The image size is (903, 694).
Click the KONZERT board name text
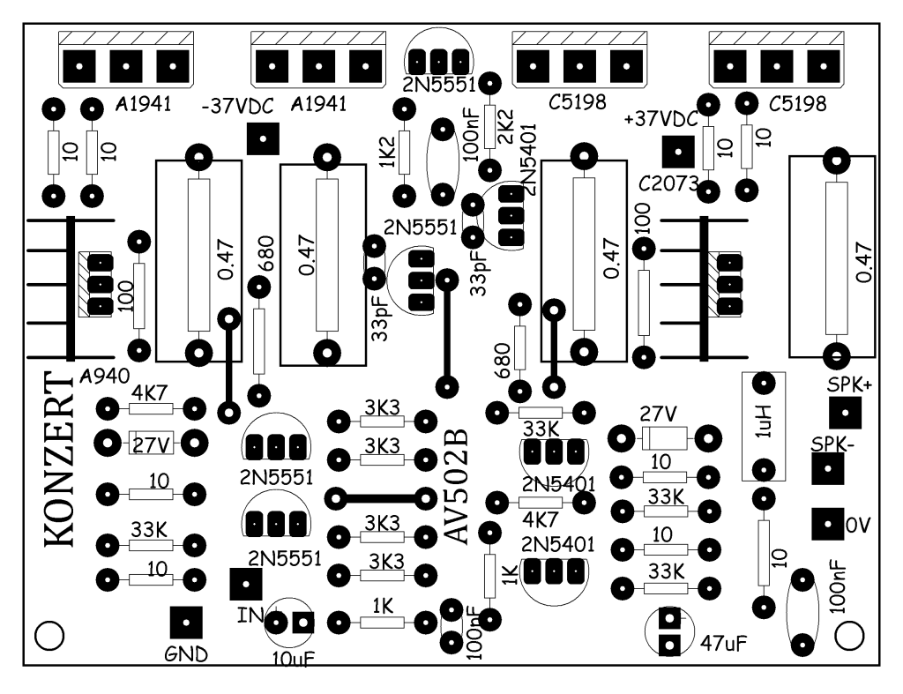point(59,459)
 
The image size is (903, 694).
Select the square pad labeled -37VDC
point(263,138)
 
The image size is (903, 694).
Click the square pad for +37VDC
point(678,152)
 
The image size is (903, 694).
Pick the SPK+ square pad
point(846,413)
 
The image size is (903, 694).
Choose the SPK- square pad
point(827,468)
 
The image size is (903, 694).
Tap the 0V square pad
point(827,524)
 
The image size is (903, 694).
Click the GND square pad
point(186,623)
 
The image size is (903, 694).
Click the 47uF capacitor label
point(724,644)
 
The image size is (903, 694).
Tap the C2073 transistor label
point(668,183)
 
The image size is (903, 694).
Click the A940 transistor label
point(104,377)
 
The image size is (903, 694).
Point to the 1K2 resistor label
point(387,153)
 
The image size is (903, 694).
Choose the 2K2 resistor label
point(505,127)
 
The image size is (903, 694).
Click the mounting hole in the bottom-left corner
point(49,636)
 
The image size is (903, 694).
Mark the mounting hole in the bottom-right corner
point(849,636)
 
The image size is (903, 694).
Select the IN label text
point(250,616)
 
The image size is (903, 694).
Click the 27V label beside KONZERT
point(151,445)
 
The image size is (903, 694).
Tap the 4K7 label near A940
point(150,394)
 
